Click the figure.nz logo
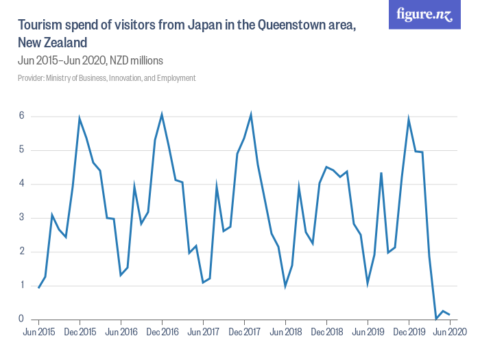point(424,15)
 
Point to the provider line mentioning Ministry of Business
point(107,78)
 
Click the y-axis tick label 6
point(22,116)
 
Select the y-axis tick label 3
point(22,217)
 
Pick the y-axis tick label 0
point(22,319)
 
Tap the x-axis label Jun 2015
point(38,333)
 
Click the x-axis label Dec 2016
point(162,333)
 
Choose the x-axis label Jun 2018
point(285,333)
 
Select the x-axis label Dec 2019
point(409,333)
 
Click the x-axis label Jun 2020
point(450,333)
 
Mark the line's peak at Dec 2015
point(80,119)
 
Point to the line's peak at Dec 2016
point(162,115)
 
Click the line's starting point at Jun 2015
point(38,287)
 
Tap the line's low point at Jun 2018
point(285,285)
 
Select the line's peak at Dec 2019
point(409,119)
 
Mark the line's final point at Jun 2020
point(450,314)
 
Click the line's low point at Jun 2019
point(368,283)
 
